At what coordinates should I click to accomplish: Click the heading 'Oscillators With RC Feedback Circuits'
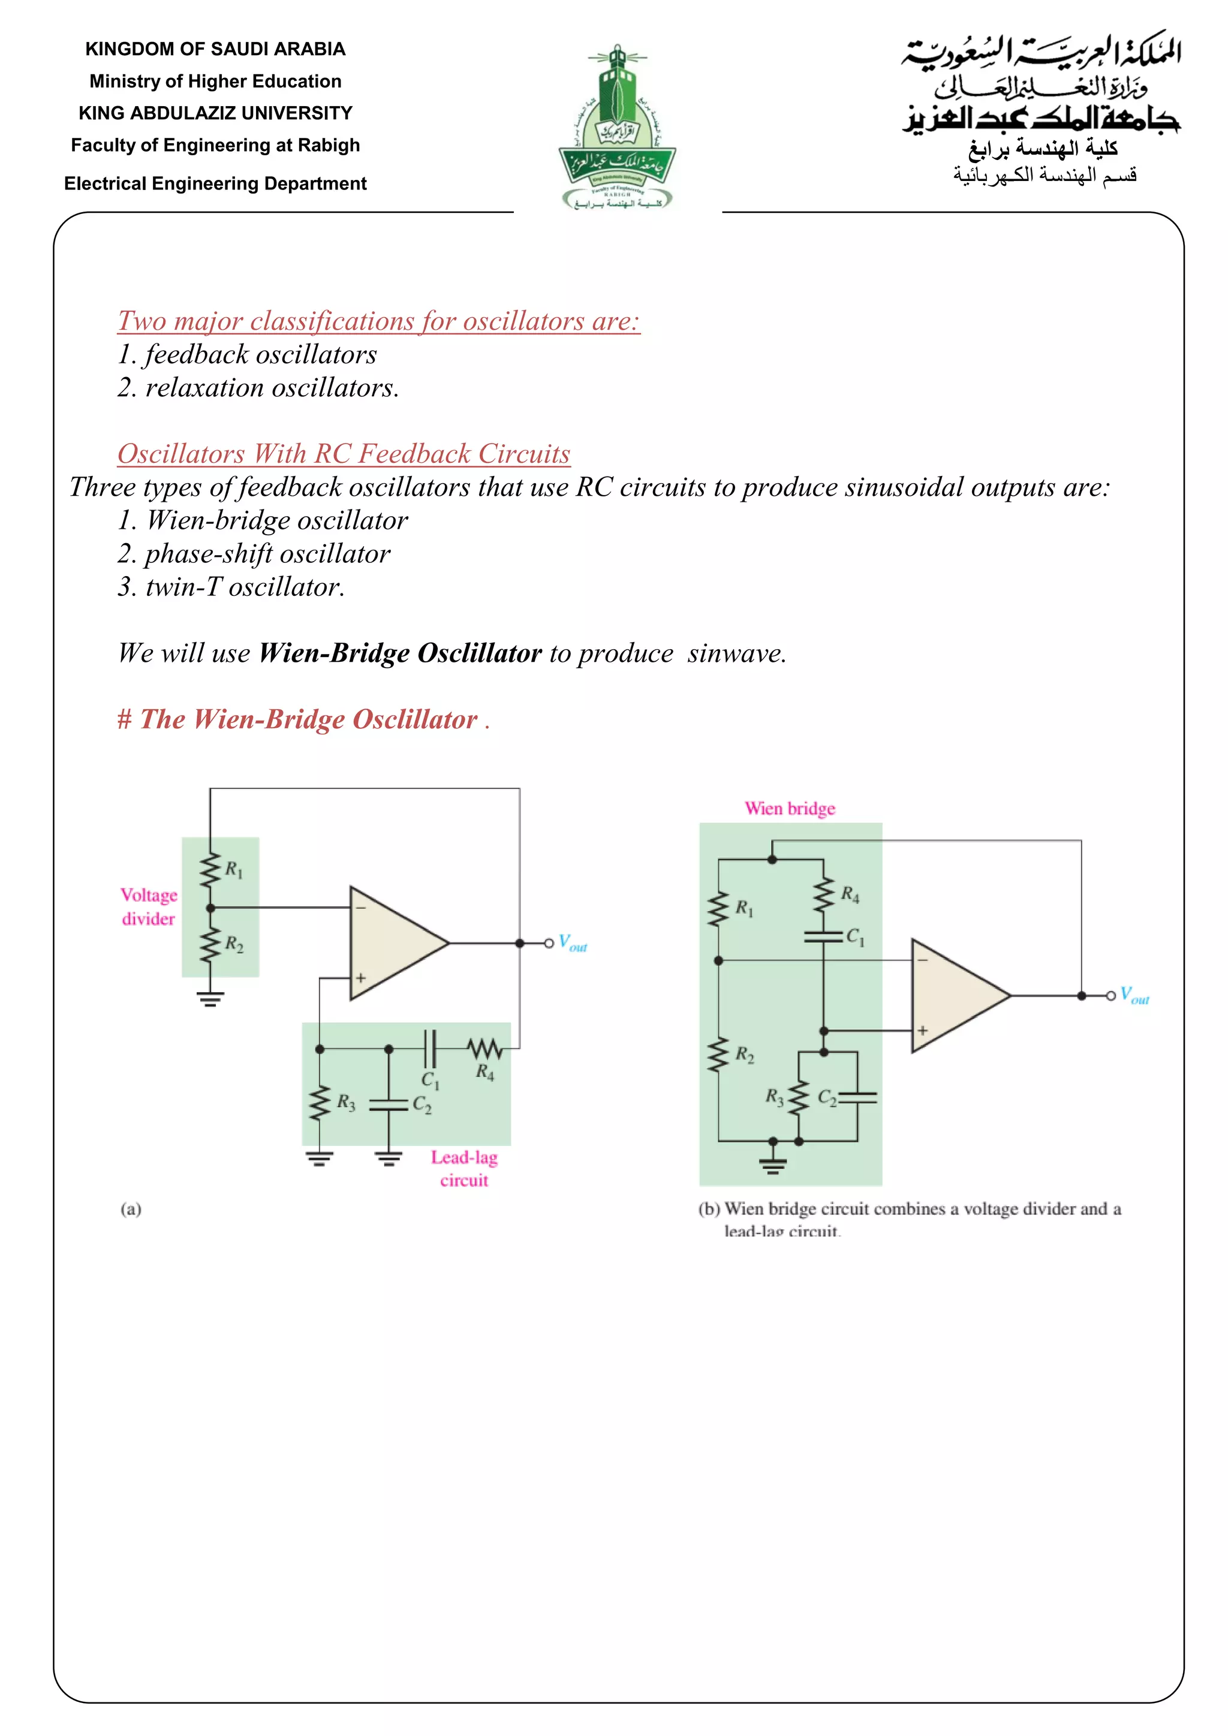[344, 454]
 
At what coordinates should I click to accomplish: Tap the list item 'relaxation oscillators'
[257, 388]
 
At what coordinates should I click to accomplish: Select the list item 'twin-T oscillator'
[231, 587]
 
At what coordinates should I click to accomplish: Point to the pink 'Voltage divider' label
[149, 906]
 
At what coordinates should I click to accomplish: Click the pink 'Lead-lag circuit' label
[464, 1168]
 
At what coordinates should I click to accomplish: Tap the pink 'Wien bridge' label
[790, 808]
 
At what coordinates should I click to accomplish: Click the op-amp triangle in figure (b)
[953, 995]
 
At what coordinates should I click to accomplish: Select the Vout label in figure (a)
[573, 943]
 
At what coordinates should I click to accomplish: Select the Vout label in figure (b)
[1134, 995]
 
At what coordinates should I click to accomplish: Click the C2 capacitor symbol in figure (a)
[389, 1105]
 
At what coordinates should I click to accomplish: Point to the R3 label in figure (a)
[347, 1102]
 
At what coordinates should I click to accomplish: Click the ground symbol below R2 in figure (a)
[210, 999]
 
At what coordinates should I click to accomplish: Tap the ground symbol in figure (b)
[772, 1165]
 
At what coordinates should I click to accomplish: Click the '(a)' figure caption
[131, 1209]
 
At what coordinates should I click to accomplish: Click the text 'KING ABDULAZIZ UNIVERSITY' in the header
[215, 113]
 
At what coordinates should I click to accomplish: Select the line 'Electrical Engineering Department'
[215, 184]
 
